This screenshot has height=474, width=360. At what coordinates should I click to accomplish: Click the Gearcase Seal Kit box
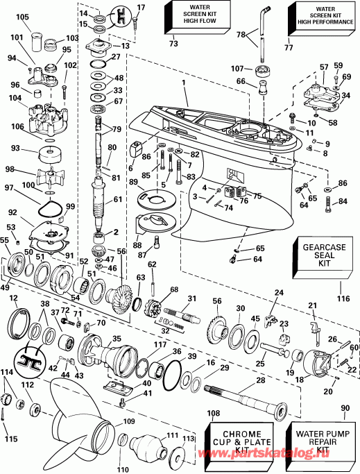[323, 257]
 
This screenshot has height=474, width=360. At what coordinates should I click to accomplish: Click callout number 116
[343, 298]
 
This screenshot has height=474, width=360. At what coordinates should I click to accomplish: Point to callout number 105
[22, 17]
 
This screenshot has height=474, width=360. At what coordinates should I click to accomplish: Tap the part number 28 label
[261, 380]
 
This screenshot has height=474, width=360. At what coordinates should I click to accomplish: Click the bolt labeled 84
[327, 205]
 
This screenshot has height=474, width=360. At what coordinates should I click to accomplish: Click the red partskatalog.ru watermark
[264, 452]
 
